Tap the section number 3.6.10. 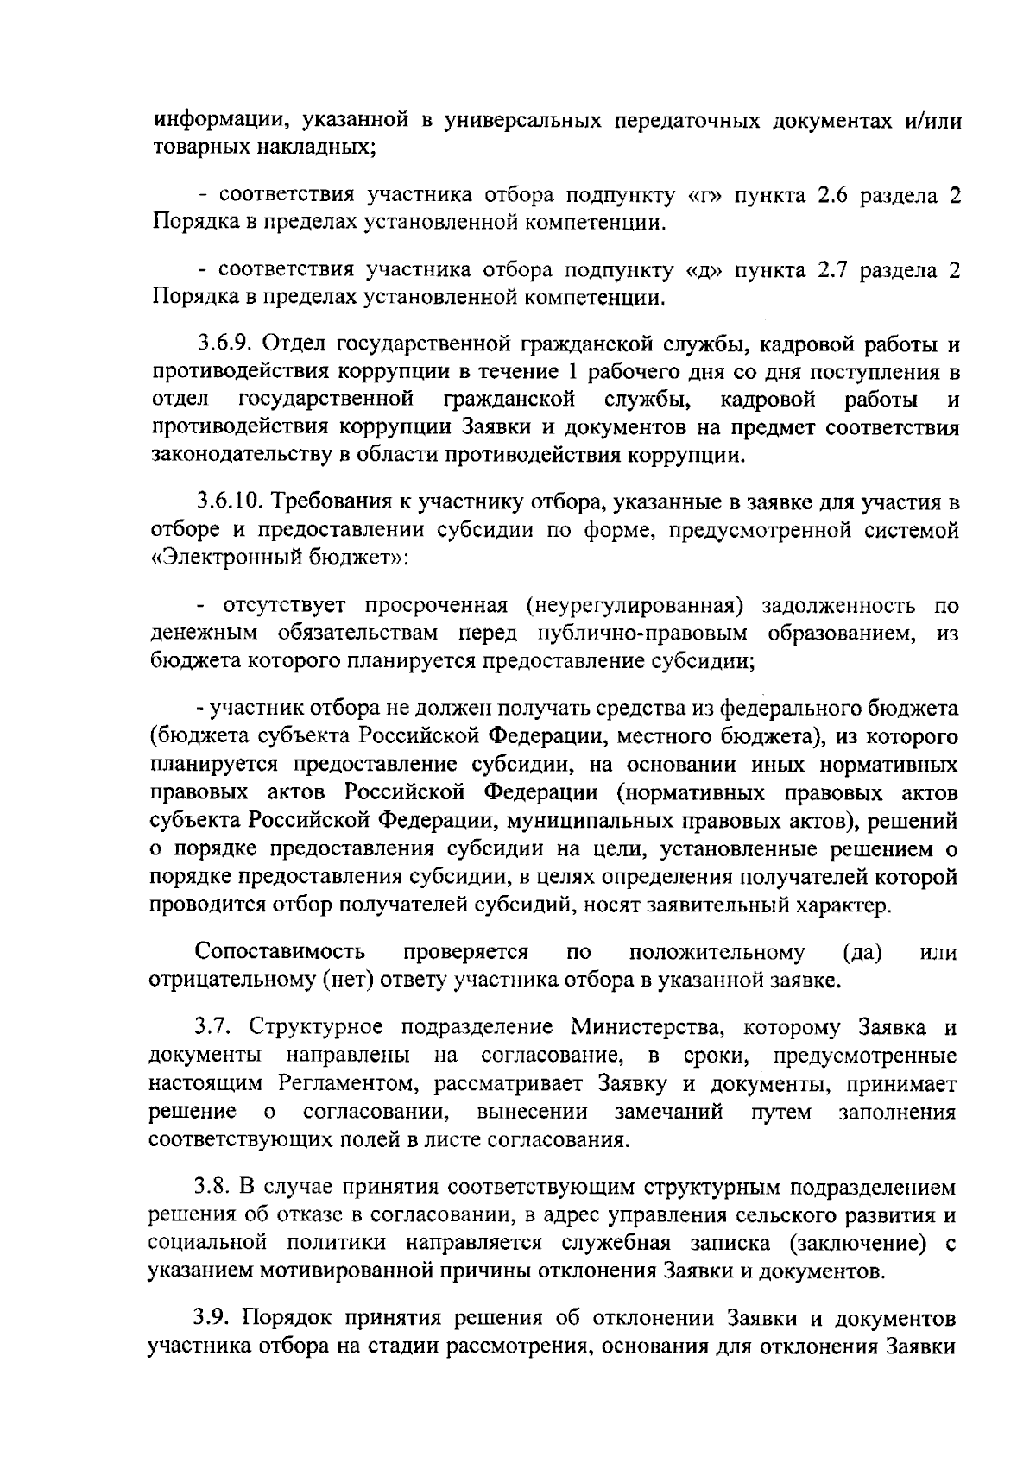231,502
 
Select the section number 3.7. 211,1028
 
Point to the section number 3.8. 211,1188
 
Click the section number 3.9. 211,1319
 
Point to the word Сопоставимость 281,952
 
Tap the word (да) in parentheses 861,952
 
